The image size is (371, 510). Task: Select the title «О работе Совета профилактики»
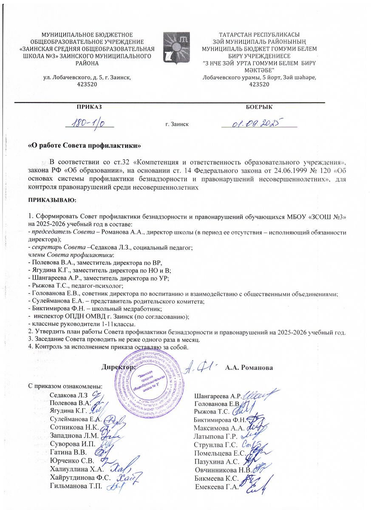point(84,146)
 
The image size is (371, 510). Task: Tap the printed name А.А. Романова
point(249,367)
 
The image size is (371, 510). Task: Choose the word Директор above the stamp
point(118,367)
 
